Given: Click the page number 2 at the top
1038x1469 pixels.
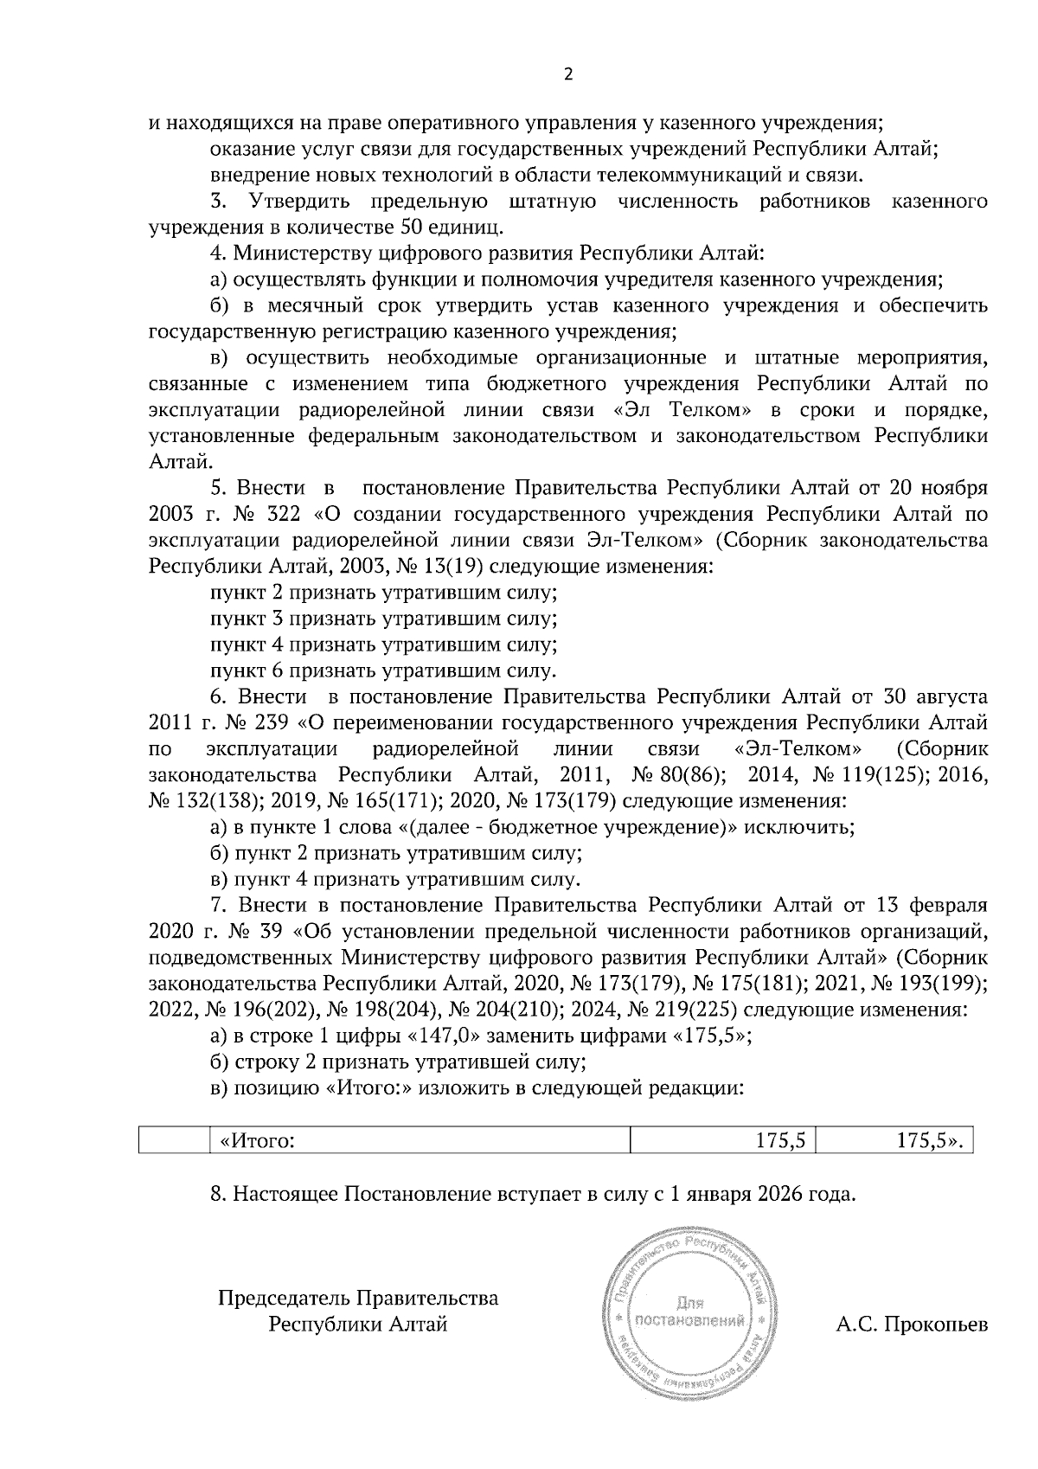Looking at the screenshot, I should coord(568,74).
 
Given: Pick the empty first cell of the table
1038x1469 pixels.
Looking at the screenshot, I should coord(174,1141).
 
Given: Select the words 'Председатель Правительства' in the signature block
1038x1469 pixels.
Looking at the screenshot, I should coord(358,1299).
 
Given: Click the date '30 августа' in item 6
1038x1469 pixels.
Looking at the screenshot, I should coord(935,696).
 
